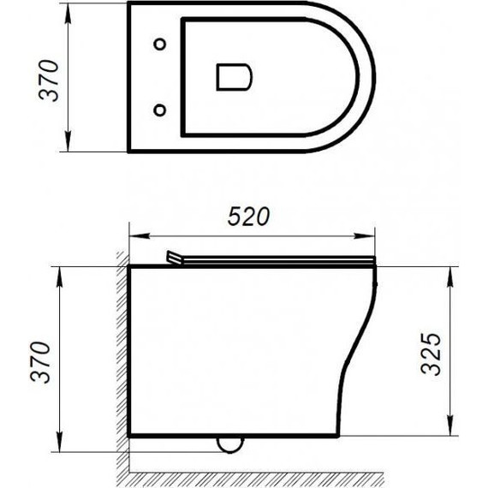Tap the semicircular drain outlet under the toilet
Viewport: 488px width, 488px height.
[229, 443]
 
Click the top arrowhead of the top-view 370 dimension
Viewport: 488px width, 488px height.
[68, 8]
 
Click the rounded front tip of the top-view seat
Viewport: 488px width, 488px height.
[372, 76]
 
